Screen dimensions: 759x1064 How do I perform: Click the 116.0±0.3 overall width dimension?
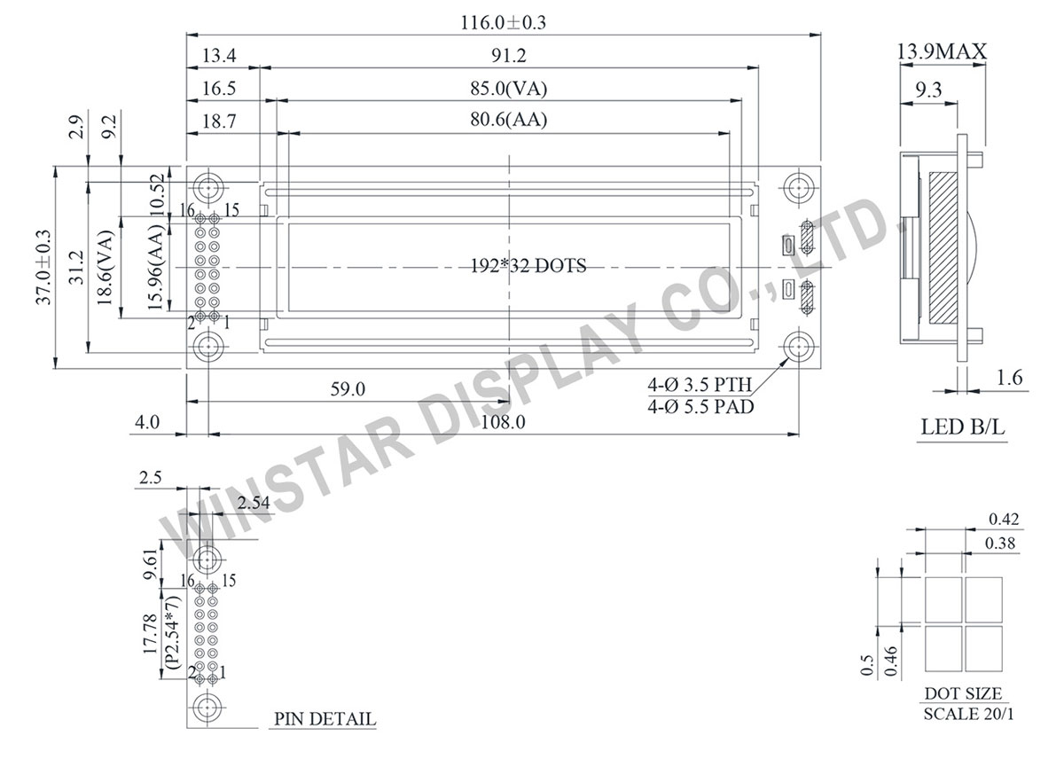(x=502, y=24)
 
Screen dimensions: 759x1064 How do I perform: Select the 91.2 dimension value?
(x=510, y=57)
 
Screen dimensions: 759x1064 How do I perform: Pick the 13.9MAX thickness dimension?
(x=942, y=53)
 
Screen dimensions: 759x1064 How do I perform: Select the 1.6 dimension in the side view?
(x=1009, y=379)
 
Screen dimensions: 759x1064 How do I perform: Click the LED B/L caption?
(x=962, y=428)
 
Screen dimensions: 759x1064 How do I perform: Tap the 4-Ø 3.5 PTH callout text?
(x=699, y=385)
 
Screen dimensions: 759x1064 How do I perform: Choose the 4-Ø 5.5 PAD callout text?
(x=699, y=407)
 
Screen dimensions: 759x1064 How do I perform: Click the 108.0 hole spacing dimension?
(x=504, y=423)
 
